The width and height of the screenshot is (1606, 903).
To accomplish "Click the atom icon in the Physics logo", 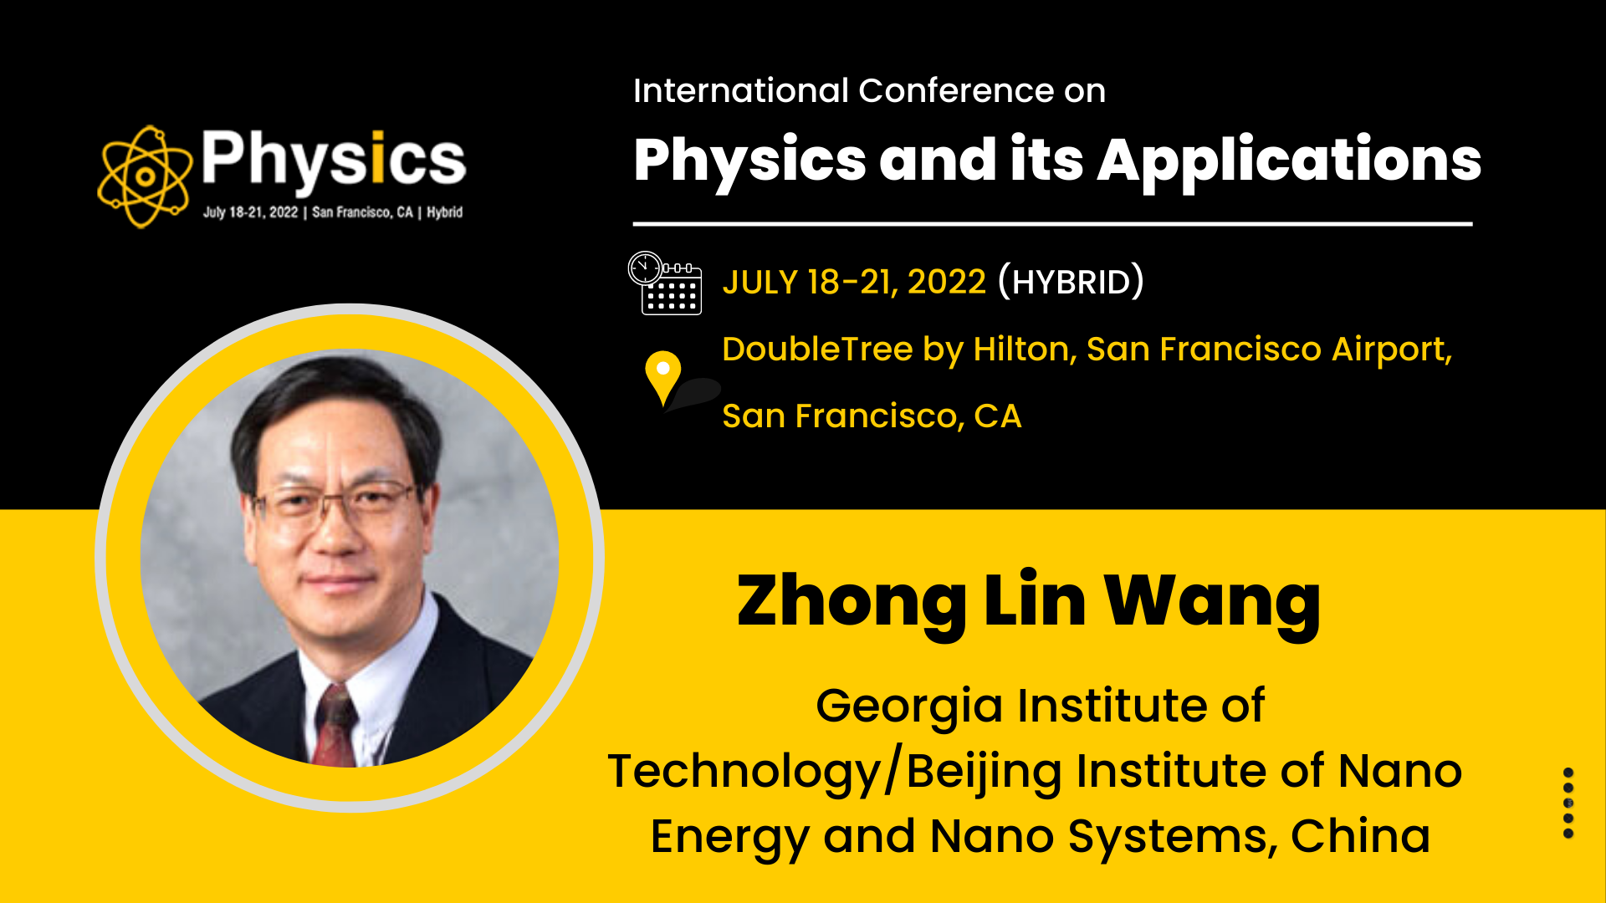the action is (x=145, y=176).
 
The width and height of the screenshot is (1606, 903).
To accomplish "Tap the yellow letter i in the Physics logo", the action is (x=377, y=156).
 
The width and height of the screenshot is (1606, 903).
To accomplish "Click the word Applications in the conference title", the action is (x=1289, y=162).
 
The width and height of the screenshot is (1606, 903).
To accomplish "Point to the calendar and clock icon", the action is (x=665, y=283).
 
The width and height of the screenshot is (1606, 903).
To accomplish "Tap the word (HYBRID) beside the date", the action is (x=1071, y=282).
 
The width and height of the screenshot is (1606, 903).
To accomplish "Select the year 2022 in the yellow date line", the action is (x=947, y=283).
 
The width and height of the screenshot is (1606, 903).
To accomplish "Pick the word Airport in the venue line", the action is (x=1392, y=350).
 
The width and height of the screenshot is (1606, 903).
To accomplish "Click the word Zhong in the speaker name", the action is (x=852, y=602).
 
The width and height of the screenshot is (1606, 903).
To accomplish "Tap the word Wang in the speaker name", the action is (x=1213, y=602).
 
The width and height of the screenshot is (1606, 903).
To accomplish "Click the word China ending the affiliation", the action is (x=1360, y=836).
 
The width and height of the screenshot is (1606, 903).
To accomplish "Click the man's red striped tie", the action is (x=336, y=724).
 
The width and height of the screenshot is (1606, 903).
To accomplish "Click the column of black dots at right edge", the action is (x=1568, y=803).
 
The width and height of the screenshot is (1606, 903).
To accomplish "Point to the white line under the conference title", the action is (x=1052, y=224).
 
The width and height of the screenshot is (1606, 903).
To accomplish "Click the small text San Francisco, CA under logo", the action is (x=362, y=212).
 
